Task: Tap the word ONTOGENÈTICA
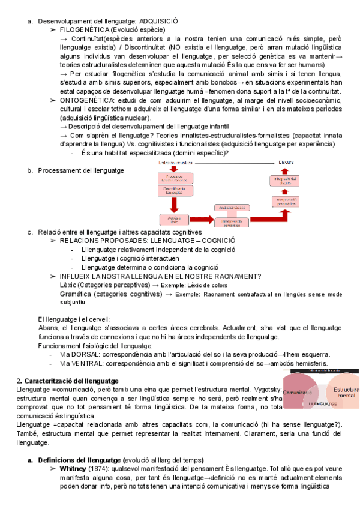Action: tap(87, 101)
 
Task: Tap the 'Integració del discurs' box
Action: tap(283, 182)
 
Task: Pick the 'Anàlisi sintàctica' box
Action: tap(231, 208)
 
